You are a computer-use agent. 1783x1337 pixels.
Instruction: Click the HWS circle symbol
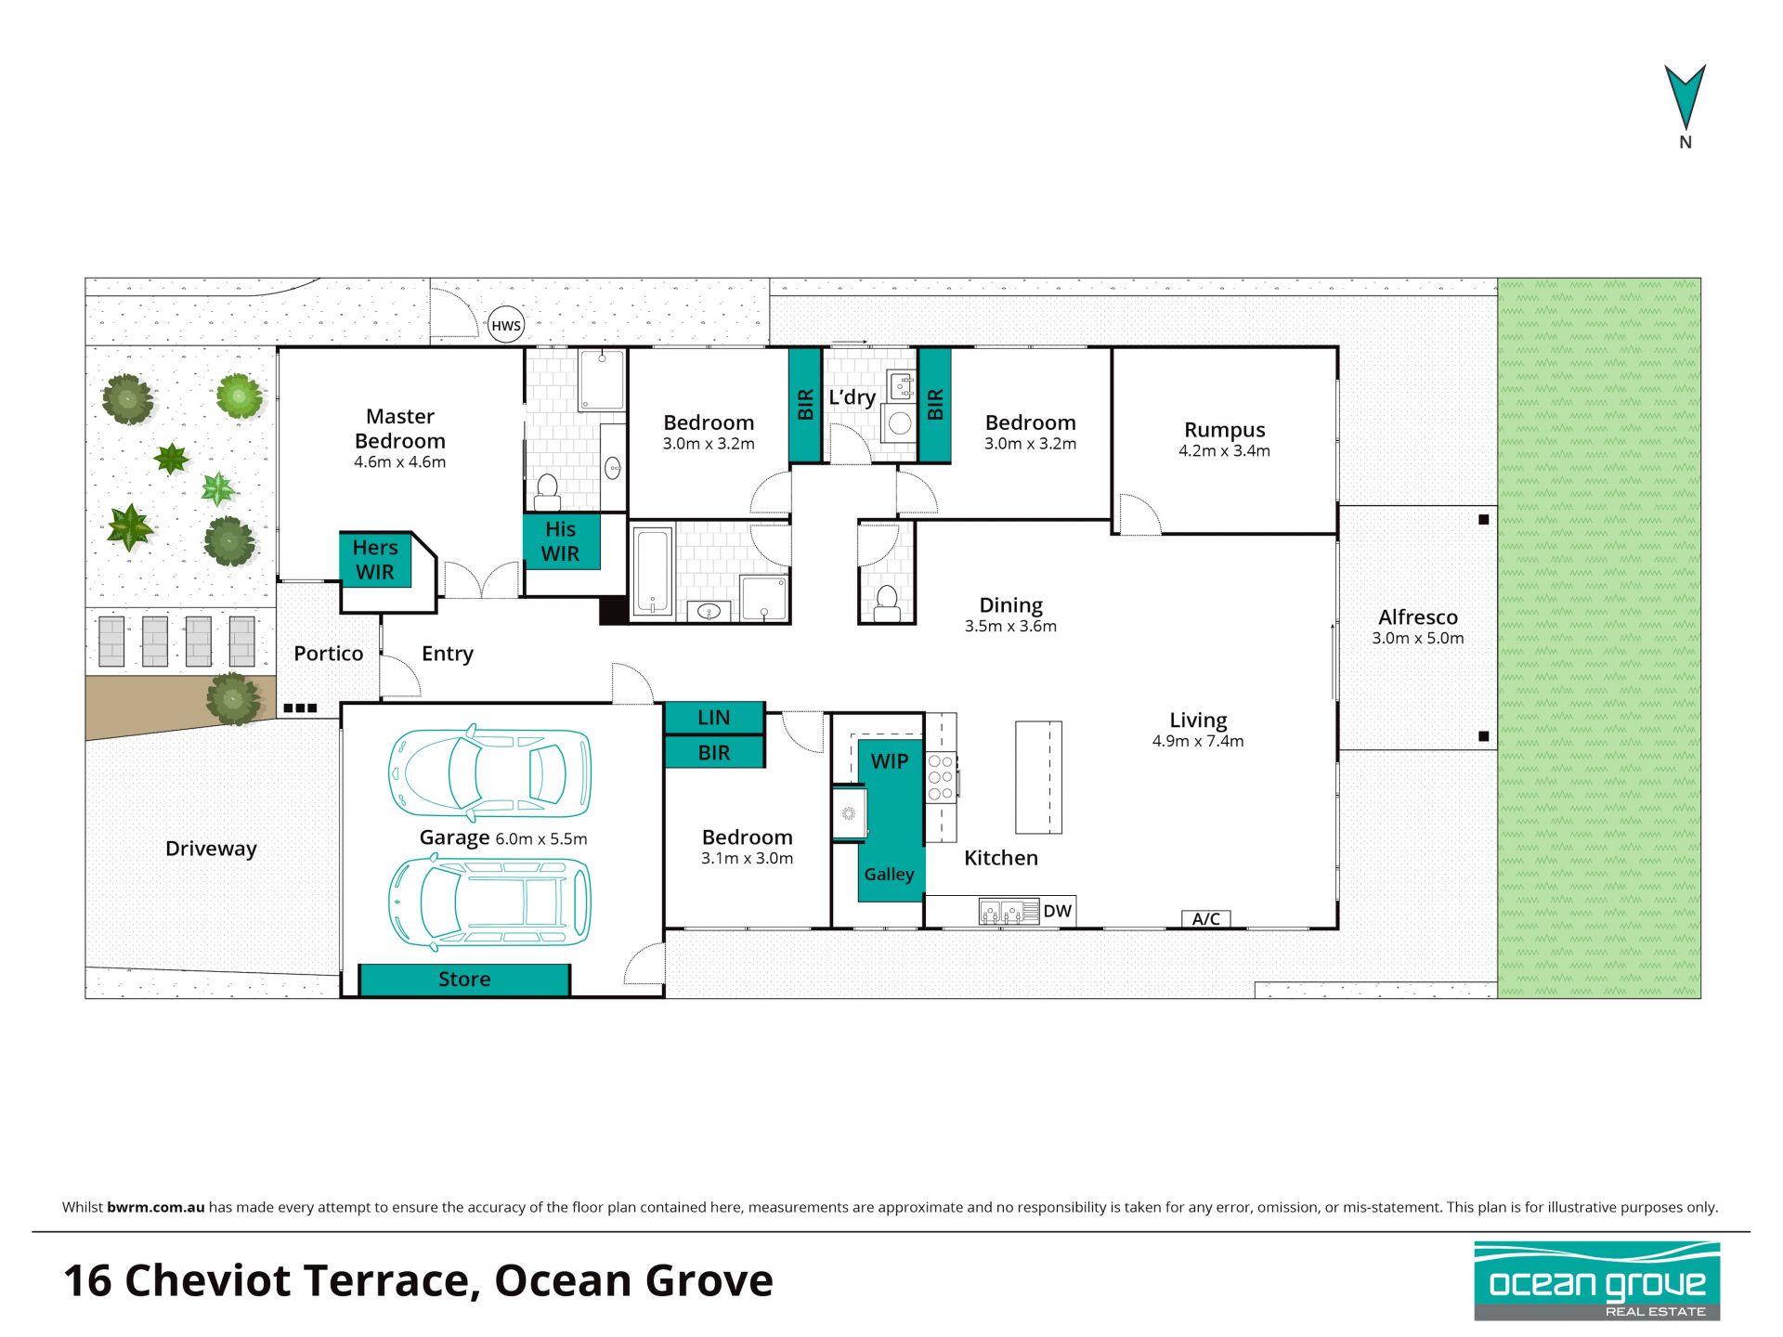tap(506, 325)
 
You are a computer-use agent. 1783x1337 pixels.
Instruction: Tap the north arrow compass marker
tap(1685, 97)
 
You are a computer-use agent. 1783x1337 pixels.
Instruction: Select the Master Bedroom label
tap(400, 429)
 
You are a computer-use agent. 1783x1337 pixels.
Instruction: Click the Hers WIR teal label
tap(375, 560)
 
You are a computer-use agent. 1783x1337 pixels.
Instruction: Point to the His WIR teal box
tap(561, 541)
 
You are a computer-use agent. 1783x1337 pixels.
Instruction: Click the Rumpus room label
tap(1224, 430)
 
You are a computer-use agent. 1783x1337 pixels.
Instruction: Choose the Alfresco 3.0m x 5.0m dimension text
tap(1418, 639)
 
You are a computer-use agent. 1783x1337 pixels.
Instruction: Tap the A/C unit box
tap(1206, 919)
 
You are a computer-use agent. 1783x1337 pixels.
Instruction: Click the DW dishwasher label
tap(1057, 911)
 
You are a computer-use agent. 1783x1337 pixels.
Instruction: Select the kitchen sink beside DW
tap(1009, 912)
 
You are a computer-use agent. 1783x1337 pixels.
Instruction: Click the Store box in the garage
tap(464, 980)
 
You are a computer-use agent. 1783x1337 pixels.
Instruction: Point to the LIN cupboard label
tap(714, 718)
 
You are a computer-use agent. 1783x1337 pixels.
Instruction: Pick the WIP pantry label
tap(890, 761)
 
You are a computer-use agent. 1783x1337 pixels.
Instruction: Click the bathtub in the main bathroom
tap(652, 571)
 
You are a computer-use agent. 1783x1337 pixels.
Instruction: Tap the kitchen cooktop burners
tap(941, 777)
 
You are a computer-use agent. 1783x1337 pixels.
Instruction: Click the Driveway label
tap(211, 849)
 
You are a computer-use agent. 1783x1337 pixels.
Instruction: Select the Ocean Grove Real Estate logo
tap(1597, 1281)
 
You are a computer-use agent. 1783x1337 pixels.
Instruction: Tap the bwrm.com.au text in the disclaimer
tap(155, 1207)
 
